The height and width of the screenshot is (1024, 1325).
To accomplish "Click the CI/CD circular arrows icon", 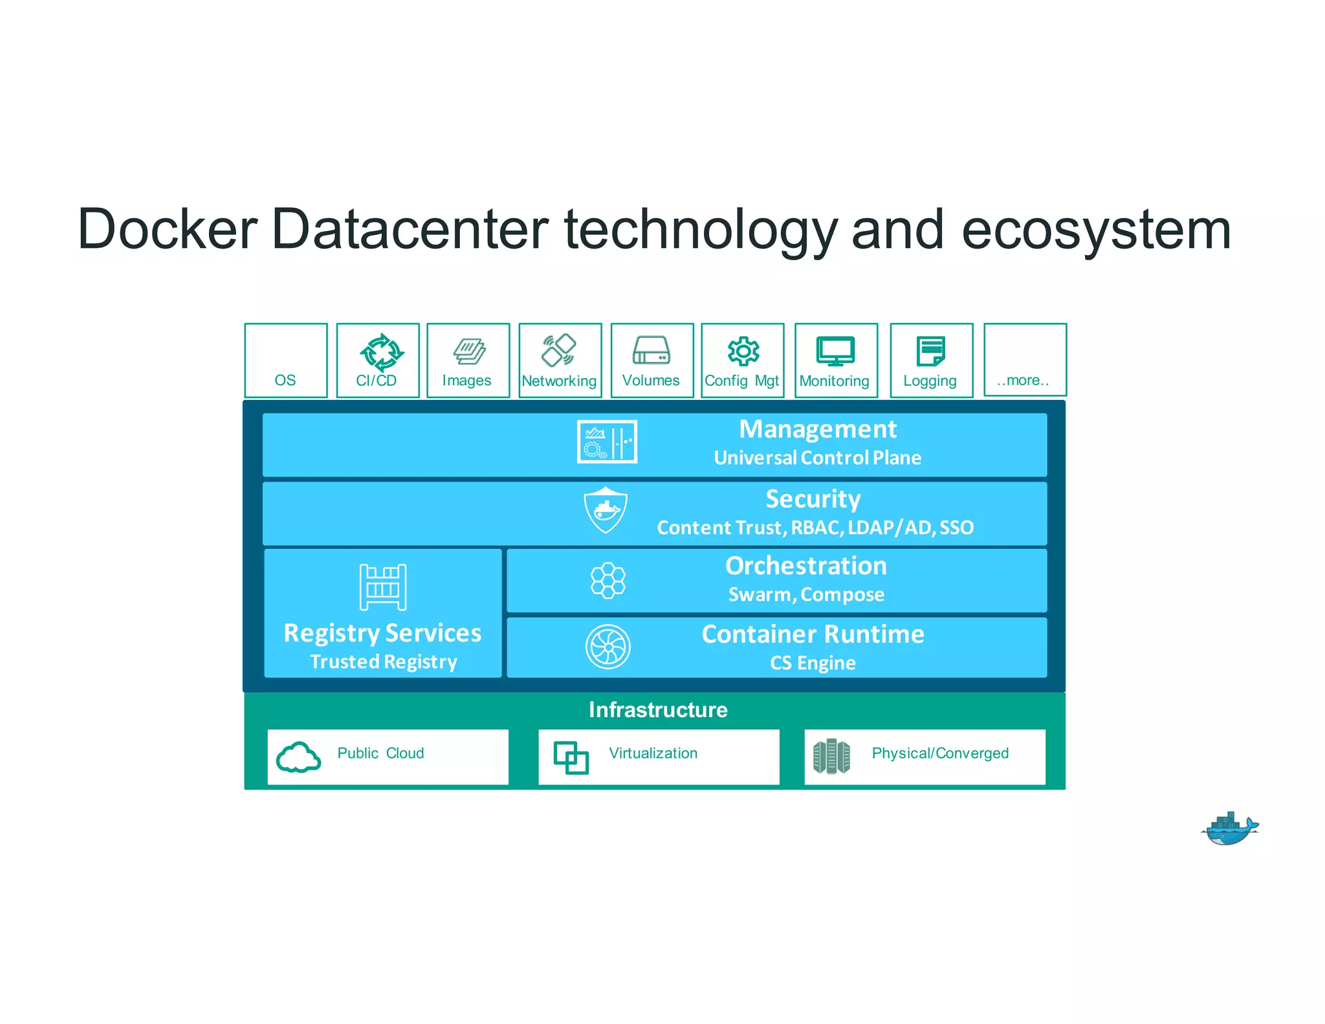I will [382, 352].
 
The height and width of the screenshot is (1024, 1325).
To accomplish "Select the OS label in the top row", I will [285, 380].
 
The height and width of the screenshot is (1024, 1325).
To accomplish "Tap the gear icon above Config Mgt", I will [743, 351].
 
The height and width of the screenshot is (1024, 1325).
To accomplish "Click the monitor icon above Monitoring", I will [835, 351].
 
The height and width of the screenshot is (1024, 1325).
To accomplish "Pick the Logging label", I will [930, 381].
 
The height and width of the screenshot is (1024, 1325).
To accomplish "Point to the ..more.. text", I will [1023, 380].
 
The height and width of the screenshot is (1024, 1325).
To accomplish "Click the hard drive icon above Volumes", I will [651, 350].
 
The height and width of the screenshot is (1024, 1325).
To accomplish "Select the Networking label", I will [559, 381].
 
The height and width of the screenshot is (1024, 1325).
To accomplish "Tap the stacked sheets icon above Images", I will [469, 351].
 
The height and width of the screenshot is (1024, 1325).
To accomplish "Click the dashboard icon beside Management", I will [607, 441].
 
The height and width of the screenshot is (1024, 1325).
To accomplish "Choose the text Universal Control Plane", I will [817, 458].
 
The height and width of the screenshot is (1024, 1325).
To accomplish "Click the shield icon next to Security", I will [606, 510].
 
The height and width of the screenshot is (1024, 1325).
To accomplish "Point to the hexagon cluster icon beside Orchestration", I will [608, 580].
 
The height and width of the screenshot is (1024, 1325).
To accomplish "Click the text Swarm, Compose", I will [806, 594].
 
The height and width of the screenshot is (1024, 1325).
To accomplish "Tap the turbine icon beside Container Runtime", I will [608, 647].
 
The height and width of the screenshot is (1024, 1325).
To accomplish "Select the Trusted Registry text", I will [383, 662].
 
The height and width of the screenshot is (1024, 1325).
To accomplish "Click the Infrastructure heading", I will [657, 709].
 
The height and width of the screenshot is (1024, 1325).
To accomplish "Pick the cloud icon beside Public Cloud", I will [298, 757].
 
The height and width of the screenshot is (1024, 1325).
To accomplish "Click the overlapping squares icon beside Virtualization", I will [571, 757].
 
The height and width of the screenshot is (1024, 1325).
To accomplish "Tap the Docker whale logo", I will [1230, 829].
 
